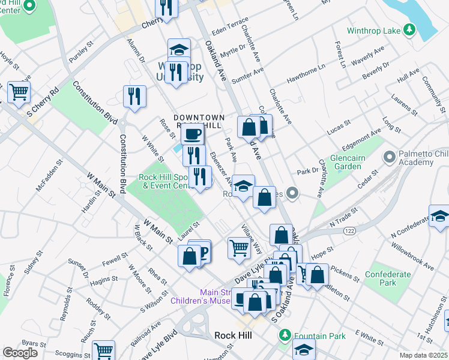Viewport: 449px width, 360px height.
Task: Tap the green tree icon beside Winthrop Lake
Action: pyautogui.click(x=409, y=29)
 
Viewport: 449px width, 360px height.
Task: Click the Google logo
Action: pyautogui.click(x=20, y=352)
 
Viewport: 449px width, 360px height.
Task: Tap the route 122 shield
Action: pyautogui.click(x=349, y=230)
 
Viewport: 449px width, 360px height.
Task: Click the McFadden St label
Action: pyautogui.click(x=49, y=176)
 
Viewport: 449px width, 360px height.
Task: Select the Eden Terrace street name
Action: pyautogui.click(x=229, y=28)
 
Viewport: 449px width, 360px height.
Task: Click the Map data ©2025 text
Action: pyautogui.click(x=423, y=355)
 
